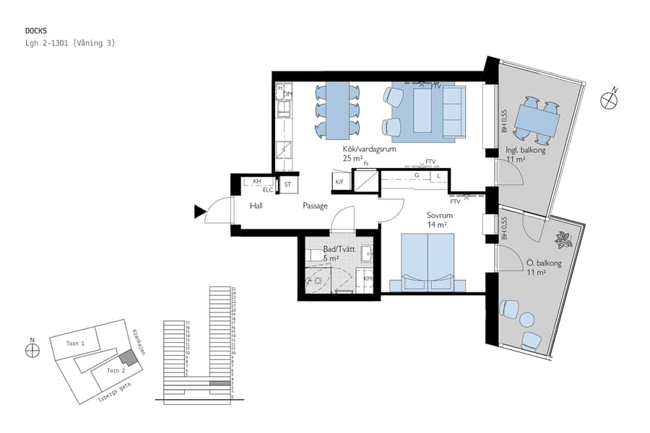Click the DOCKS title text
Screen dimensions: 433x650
click(x=36, y=31)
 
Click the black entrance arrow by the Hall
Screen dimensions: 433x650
click(x=199, y=211)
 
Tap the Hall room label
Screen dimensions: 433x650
click(x=256, y=206)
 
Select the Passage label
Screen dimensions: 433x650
click(x=315, y=206)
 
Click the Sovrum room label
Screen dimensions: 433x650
click(x=439, y=216)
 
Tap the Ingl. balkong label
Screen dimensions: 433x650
click(x=525, y=151)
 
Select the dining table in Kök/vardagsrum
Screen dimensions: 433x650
click(x=337, y=110)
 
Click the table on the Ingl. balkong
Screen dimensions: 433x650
click(x=536, y=120)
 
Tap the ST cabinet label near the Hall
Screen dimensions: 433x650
click(x=287, y=185)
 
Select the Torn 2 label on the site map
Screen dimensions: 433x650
click(x=116, y=370)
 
